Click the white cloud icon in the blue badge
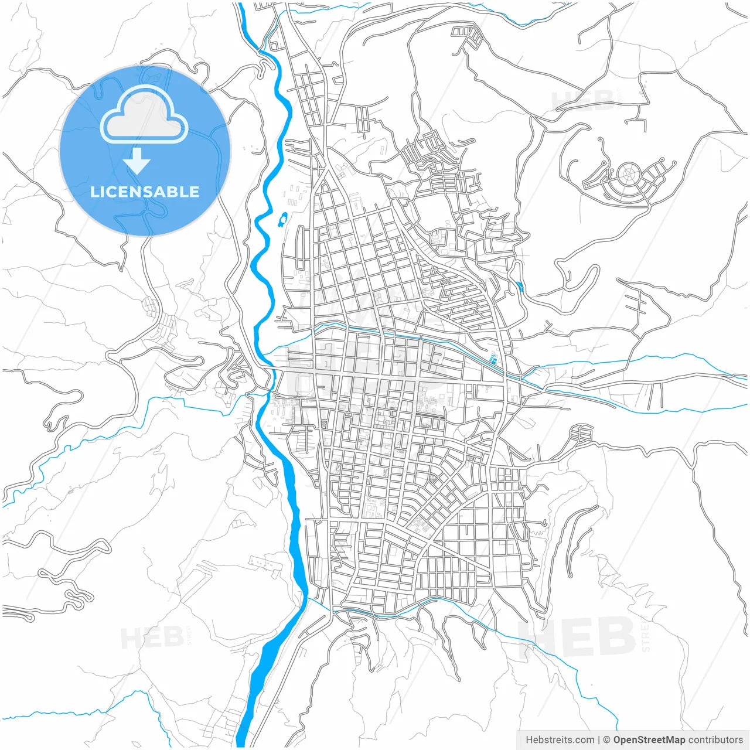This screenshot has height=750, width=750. [x=144, y=115]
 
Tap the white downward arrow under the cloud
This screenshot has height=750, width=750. [x=137, y=160]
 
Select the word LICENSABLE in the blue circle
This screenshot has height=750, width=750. [x=144, y=192]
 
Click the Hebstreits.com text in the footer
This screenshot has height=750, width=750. [x=560, y=740]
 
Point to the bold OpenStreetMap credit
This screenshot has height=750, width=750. [x=649, y=740]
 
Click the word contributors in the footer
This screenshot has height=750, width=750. [x=715, y=740]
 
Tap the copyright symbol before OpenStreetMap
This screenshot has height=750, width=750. [x=606, y=740]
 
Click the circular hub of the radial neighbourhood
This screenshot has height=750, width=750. [x=629, y=174]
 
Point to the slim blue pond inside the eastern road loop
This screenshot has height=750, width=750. [x=520, y=287]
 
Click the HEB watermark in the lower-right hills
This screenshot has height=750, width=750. [x=577, y=637]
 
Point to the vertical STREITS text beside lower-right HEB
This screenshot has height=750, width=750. [x=646, y=636]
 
